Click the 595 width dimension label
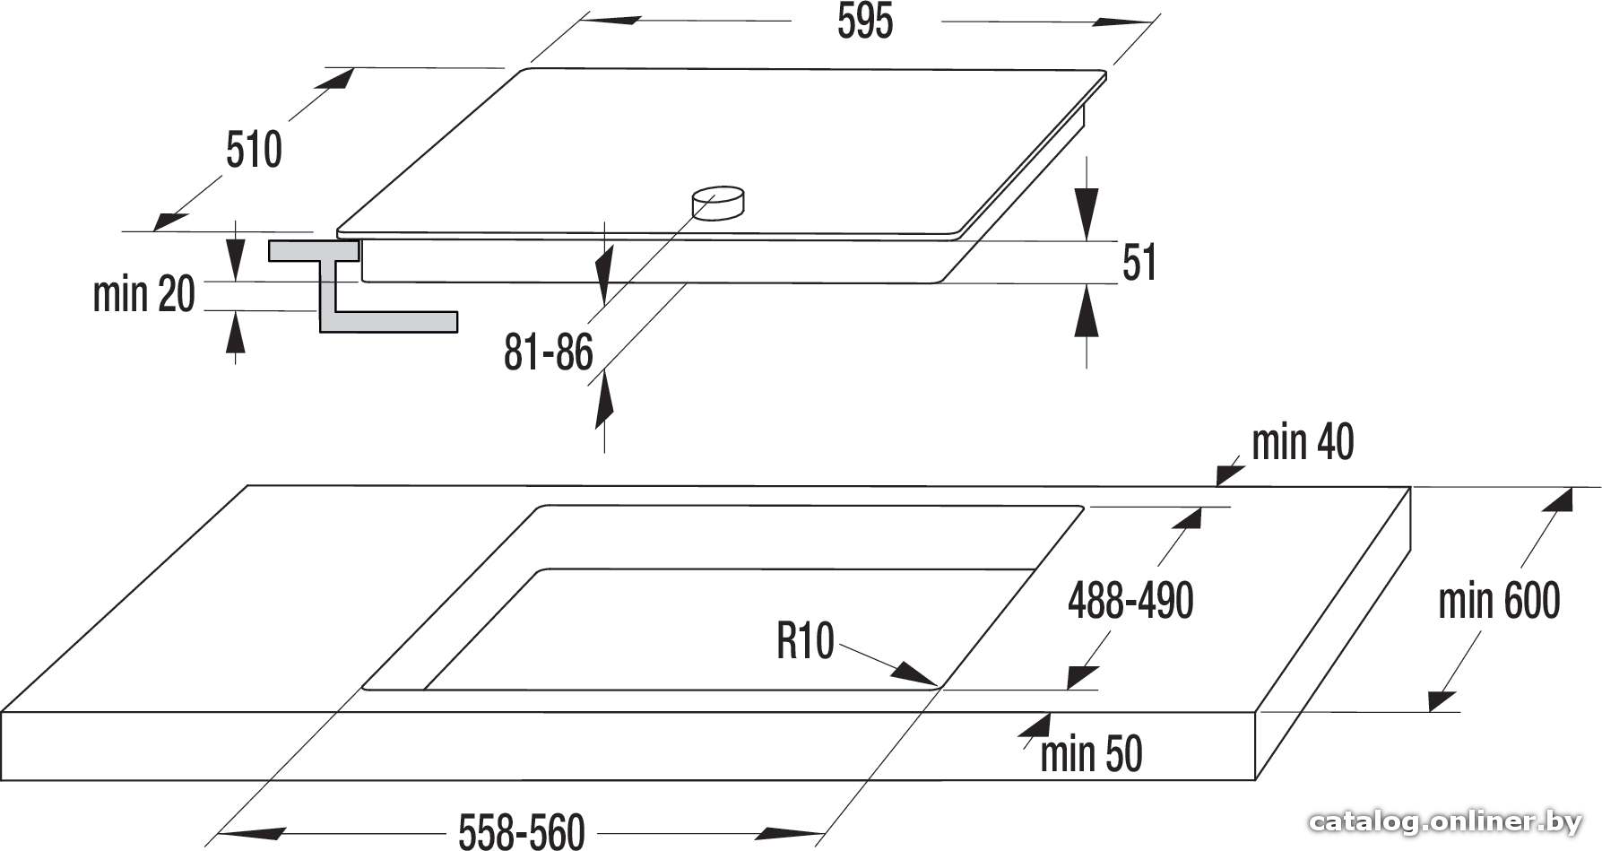[865, 22]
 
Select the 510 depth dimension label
[254, 150]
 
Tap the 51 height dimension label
[1139, 263]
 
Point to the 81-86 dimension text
[548, 352]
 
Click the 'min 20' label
[144, 294]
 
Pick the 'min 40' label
[1303, 442]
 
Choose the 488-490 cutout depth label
[1130, 600]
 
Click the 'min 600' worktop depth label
[1499, 600]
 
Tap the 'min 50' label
[1091, 753]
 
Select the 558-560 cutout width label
[522, 832]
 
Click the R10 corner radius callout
[805, 641]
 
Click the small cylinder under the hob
[717, 203]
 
